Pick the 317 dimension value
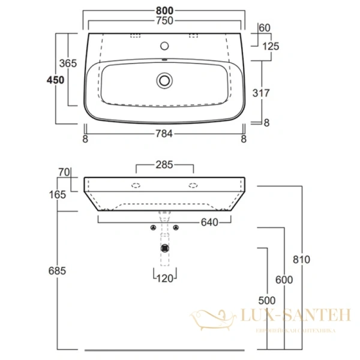261,93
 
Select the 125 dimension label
271,46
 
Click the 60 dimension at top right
265,27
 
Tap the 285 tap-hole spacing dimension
164,163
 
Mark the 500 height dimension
267,300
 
